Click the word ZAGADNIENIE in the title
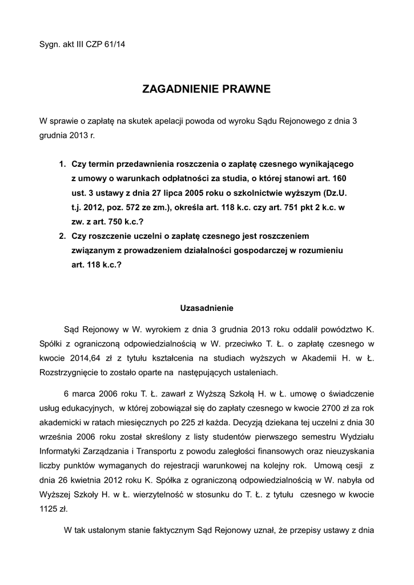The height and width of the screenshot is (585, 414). (179, 89)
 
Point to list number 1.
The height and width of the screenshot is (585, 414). (62, 165)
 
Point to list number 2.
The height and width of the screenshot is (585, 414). (62, 236)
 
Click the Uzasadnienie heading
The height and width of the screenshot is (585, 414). (207, 308)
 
